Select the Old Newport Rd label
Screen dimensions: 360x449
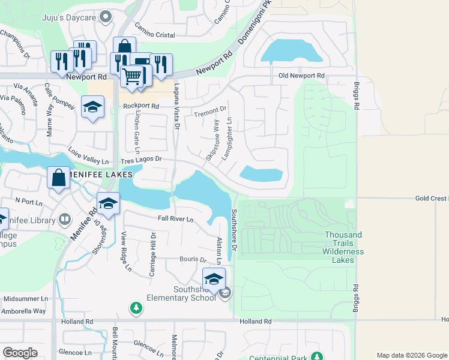301,76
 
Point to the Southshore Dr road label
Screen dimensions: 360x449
235,230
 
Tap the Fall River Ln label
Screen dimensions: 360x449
175,220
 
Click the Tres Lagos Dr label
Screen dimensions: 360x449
141,160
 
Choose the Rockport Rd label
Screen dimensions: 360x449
140,106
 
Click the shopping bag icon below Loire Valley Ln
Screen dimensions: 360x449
58,178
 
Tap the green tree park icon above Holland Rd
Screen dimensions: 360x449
136,308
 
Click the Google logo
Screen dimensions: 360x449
20,353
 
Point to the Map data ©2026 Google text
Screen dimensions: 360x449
411,355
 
